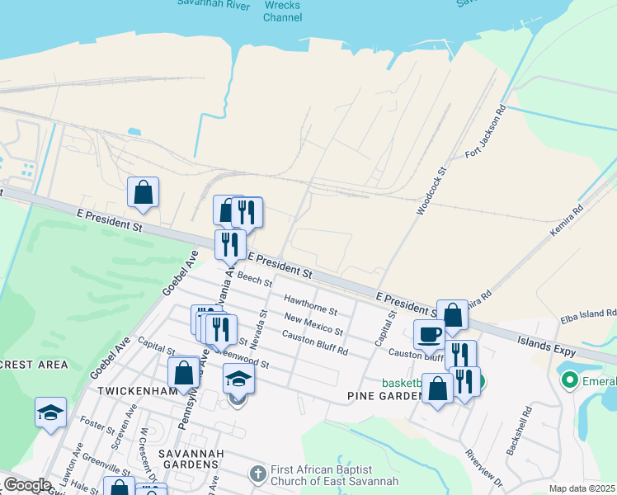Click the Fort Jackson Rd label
pos(485,132)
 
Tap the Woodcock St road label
pos(431,191)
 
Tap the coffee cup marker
pos(429,335)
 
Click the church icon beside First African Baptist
pos(258,474)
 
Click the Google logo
pos(27,485)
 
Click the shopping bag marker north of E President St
pos(143,192)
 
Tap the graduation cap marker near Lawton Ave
pos(50,412)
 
